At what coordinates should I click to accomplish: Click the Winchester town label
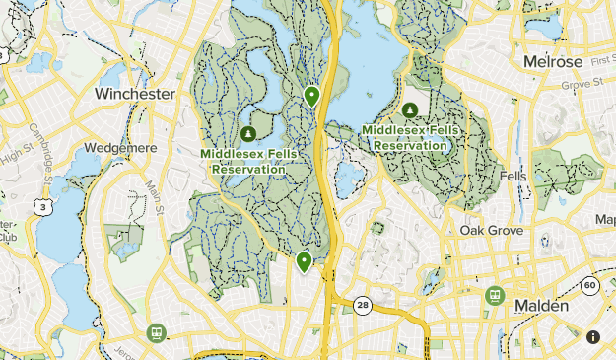point(135,94)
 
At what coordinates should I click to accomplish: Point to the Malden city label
point(541,307)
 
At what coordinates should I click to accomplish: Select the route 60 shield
point(590,286)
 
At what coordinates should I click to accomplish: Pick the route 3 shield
point(42,206)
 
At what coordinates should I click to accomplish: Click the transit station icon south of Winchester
point(155,333)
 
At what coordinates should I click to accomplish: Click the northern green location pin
point(311,96)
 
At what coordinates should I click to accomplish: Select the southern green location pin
point(304,261)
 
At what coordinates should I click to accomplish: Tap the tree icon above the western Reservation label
point(247,133)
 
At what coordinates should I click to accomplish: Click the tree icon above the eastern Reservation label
point(408,109)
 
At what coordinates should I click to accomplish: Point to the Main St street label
point(155,191)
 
